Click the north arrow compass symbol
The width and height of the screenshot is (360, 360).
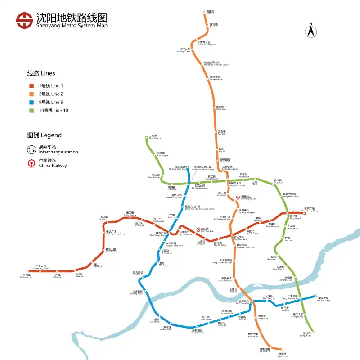(310, 31)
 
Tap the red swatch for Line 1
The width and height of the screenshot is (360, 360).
(31, 86)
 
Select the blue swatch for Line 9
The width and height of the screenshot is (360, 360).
(31, 102)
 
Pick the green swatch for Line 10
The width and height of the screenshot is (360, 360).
(31, 110)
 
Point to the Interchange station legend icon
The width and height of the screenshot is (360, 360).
(31, 149)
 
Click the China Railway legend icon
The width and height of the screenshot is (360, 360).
(31, 163)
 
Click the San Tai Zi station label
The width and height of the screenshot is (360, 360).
(221, 133)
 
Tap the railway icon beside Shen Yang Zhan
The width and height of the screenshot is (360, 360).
(198, 229)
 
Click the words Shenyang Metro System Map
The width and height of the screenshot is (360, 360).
(72, 26)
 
